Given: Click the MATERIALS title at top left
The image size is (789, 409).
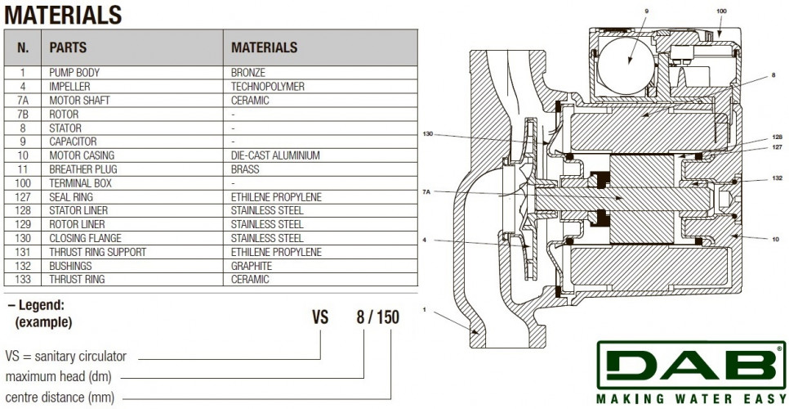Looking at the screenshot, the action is tap(63, 15).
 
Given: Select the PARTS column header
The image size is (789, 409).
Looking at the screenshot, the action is tap(68, 47).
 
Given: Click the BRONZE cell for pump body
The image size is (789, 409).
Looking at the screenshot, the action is tap(248, 73).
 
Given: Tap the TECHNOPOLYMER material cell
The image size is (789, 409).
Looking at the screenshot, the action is tap(268, 87).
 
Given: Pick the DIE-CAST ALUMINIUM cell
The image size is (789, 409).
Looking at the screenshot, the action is tap(275, 155).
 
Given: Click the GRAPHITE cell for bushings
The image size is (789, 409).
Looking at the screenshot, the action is tap(252, 266).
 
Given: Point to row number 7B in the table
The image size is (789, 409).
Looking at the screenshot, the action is tap(23, 115).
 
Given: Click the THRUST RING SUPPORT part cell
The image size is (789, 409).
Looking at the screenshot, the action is tap(98, 252).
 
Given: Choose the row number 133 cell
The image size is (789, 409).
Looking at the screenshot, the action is tap(23, 280).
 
